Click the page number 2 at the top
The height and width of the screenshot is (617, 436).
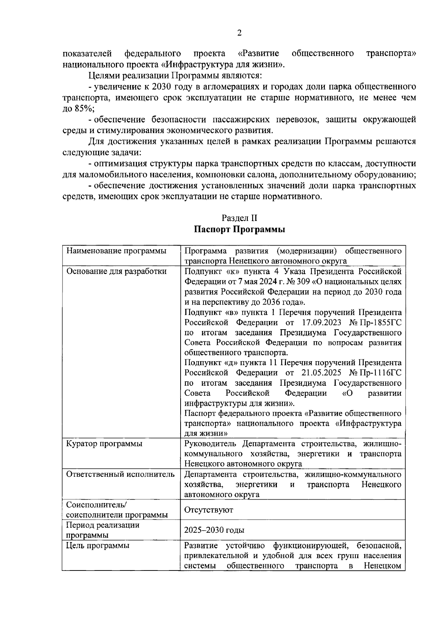point(239,33)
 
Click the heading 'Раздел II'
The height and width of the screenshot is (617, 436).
point(239,218)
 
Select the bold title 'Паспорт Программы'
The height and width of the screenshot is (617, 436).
point(239,230)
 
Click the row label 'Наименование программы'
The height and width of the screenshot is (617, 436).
point(116,251)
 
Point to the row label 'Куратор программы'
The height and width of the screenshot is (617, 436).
point(104,444)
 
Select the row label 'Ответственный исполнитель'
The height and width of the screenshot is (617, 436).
point(120,474)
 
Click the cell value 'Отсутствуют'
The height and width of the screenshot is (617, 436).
point(209,510)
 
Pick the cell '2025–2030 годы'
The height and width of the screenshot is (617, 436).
point(214,530)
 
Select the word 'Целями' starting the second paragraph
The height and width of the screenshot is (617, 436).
point(101,76)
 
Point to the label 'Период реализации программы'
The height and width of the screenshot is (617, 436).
point(102,530)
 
